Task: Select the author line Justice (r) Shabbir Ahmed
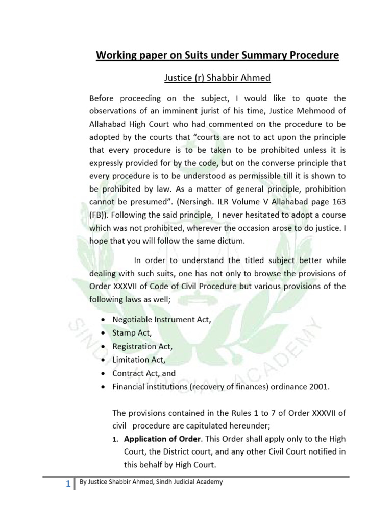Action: pyautogui.click(x=217, y=78)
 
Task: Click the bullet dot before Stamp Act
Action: pyautogui.click(x=104, y=333)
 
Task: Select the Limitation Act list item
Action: pyautogui.click(x=138, y=360)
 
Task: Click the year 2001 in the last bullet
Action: pyautogui.click(x=321, y=387)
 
